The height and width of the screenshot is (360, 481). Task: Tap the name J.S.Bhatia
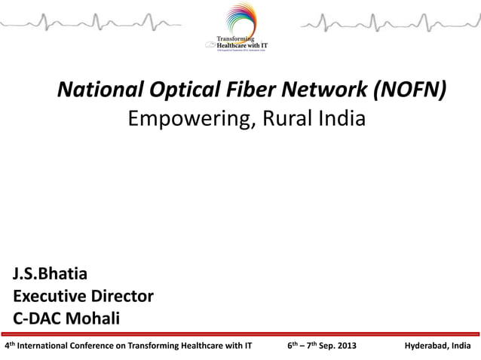tap(50, 273)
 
